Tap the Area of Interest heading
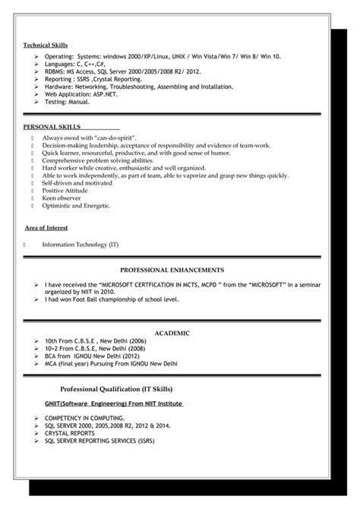pyautogui.click(x=46, y=227)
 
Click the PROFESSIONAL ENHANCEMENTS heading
pyautogui.click(x=172, y=270)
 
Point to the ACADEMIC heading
pyautogui.click(x=172, y=333)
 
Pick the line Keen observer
pyautogui.click(x=60, y=198)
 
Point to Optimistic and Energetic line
pyautogui.click(x=76, y=206)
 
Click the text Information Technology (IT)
pyautogui.click(x=81, y=245)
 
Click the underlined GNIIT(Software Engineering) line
pyautogui.click(x=114, y=403)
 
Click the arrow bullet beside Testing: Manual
pyautogui.click(x=36, y=101)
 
